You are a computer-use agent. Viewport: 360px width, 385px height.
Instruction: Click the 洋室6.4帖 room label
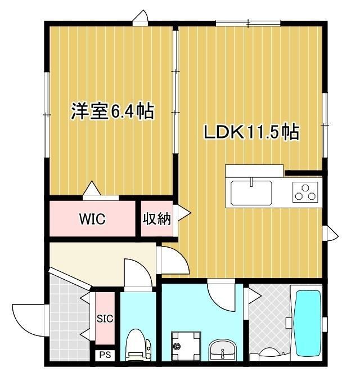click(x=112, y=111)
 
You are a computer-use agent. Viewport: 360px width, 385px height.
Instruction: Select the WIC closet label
click(x=92, y=219)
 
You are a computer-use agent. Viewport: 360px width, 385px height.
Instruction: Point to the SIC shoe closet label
click(x=105, y=319)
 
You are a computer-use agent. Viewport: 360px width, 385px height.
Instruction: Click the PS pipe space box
click(x=105, y=355)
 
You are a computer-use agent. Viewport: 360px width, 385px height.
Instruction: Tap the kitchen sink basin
click(x=251, y=193)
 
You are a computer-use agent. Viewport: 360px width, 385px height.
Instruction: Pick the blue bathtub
click(x=307, y=323)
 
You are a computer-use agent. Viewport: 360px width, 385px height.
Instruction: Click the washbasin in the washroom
click(x=224, y=349)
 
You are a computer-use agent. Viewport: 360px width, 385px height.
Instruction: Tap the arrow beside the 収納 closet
click(x=183, y=213)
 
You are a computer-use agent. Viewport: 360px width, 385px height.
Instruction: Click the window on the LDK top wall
click(x=248, y=23)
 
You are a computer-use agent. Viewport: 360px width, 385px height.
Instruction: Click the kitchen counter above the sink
click(x=254, y=170)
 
